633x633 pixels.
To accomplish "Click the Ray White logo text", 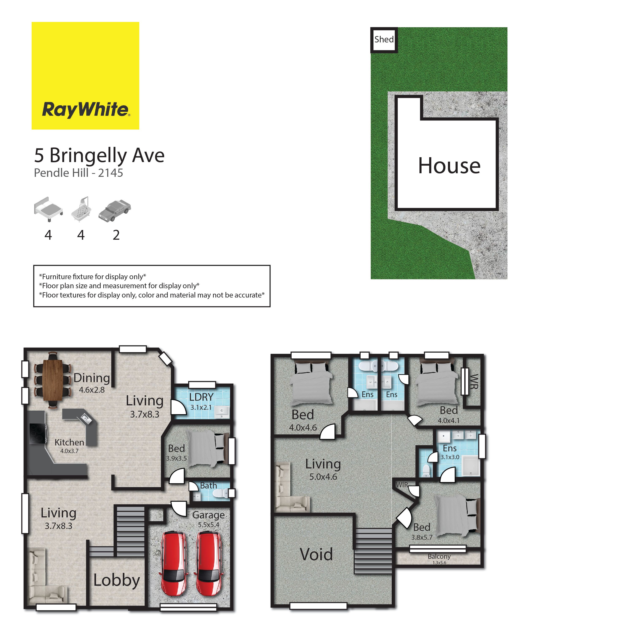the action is click(x=86, y=110).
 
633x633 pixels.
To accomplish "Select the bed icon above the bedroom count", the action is click(x=48, y=209).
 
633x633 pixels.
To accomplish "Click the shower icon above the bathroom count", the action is click(x=81, y=209).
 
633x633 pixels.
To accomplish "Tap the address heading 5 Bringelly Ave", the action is click(x=99, y=156).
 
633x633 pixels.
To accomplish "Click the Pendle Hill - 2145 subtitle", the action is click(x=79, y=173).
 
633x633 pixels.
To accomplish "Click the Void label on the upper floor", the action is click(x=316, y=554).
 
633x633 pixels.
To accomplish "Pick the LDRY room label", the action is click(x=201, y=397).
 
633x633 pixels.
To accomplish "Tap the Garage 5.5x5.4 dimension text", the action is click(x=209, y=525).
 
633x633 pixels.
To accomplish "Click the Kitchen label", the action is click(x=69, y=442).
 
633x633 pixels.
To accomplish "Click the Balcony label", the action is click(x=439, y=556).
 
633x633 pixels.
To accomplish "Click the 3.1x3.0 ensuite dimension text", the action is click(x=450, y=457).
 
